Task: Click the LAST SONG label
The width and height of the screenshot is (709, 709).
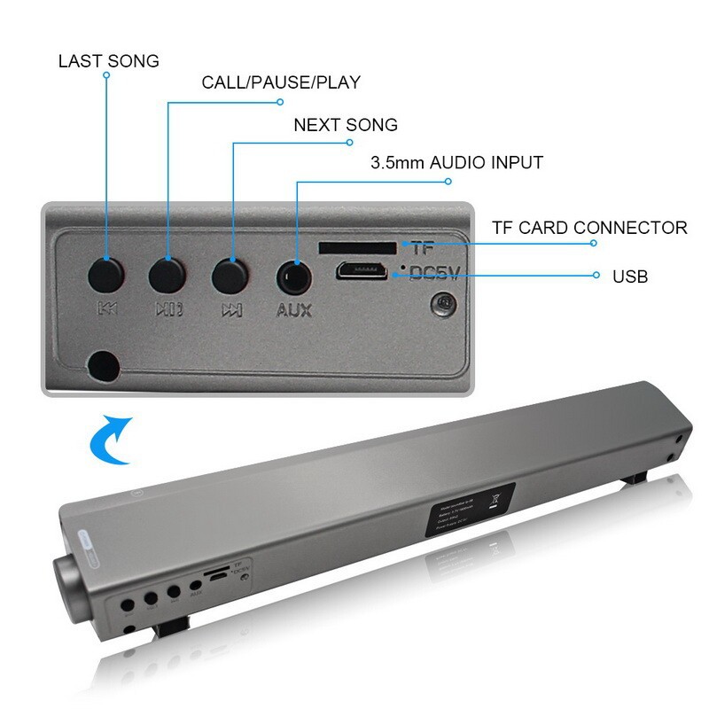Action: point(108,61)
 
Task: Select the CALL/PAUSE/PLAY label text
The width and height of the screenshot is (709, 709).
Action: point(281,82)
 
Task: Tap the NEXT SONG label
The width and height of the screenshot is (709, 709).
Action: point(346,124)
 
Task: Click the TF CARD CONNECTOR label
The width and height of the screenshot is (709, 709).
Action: point(589,228)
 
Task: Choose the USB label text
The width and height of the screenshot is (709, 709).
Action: point(630,277)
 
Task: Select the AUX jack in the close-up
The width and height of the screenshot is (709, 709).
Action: point(294,277)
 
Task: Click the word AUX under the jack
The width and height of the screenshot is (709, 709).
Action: point(294,311)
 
